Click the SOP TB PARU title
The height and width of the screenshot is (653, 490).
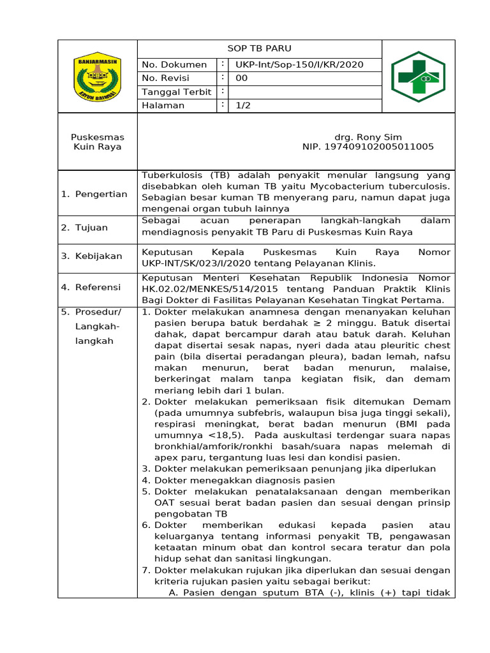260,48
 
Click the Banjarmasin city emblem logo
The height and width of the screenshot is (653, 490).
98,76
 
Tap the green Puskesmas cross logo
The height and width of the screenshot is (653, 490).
419,77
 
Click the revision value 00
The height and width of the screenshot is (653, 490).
242,78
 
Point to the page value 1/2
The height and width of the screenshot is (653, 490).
242,105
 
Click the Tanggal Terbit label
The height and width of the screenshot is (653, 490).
176,92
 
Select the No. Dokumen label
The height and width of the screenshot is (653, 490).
174,64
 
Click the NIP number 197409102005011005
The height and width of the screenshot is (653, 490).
368,147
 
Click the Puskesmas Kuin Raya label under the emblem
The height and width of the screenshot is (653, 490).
98,142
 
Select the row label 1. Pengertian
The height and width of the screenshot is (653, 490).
94,194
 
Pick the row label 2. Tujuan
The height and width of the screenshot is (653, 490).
85,228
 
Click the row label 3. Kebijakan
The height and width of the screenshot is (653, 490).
92,256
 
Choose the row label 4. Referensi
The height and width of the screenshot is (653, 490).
91,287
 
